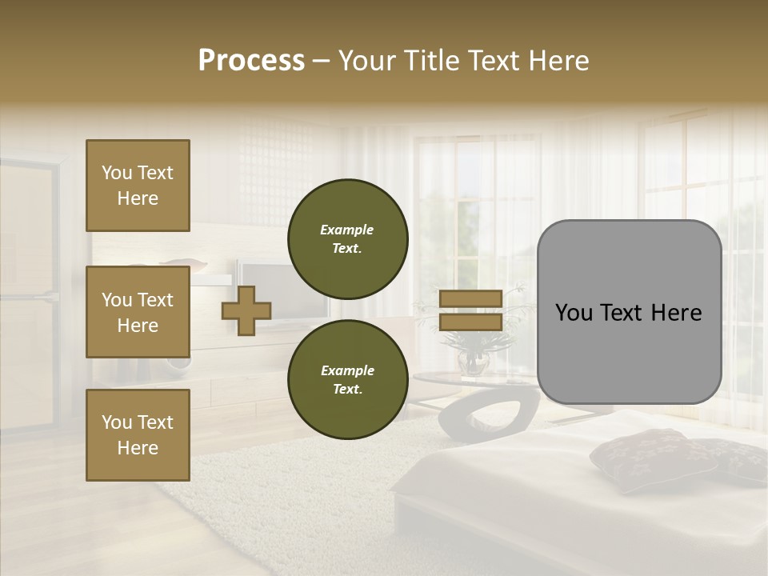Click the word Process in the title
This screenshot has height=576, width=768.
click(x=251, y=61)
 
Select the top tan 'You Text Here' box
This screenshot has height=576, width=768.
click(x=138, y=186)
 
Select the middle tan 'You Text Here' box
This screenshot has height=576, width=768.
click(x=138, y=312)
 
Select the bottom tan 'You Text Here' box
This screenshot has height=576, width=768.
click(x=138, y=434)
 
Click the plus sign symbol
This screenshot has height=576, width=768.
click(x=246, y=310)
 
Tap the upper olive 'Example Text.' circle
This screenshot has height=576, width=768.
click(x=347, y=239)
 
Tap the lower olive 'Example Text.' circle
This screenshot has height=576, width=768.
click(x=347, y=379)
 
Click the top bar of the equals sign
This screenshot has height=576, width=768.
click(x=470, y=299)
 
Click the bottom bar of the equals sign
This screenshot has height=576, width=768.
click(x=470, y=322)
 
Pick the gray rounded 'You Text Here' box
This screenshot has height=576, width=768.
click(x=629, y=312)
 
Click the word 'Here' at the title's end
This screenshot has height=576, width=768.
click(x=559, y=61)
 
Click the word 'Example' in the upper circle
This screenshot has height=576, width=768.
click(x=346, y=230)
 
